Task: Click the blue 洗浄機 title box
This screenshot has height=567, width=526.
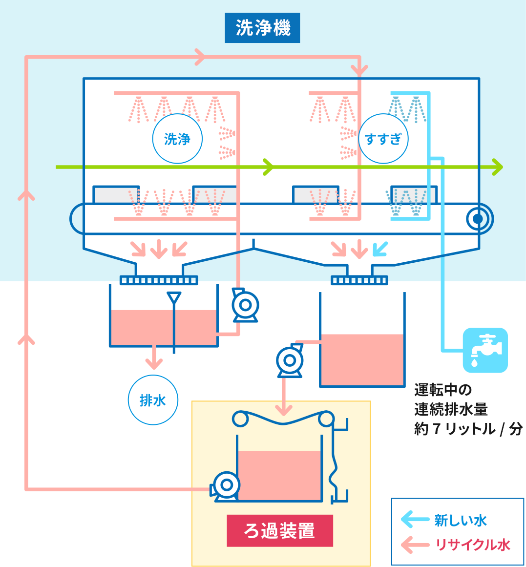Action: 262,28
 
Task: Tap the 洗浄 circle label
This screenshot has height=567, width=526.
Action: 177,139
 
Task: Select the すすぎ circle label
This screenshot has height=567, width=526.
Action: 383,139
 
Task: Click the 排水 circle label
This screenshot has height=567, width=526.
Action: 153,400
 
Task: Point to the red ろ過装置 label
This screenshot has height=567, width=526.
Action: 280,530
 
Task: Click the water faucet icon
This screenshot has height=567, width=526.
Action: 485,350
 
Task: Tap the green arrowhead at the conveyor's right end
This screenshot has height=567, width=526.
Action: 497,167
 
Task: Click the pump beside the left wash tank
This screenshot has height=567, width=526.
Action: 245,306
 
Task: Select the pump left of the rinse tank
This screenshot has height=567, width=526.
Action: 290,361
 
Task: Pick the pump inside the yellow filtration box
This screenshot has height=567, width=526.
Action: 226,485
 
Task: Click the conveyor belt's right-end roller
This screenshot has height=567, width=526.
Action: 478,218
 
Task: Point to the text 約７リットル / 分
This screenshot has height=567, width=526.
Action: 468,429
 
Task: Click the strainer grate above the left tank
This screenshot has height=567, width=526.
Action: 159,280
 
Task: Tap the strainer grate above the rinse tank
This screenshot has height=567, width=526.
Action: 359,280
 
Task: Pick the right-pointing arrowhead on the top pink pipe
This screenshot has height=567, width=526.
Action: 199,57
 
